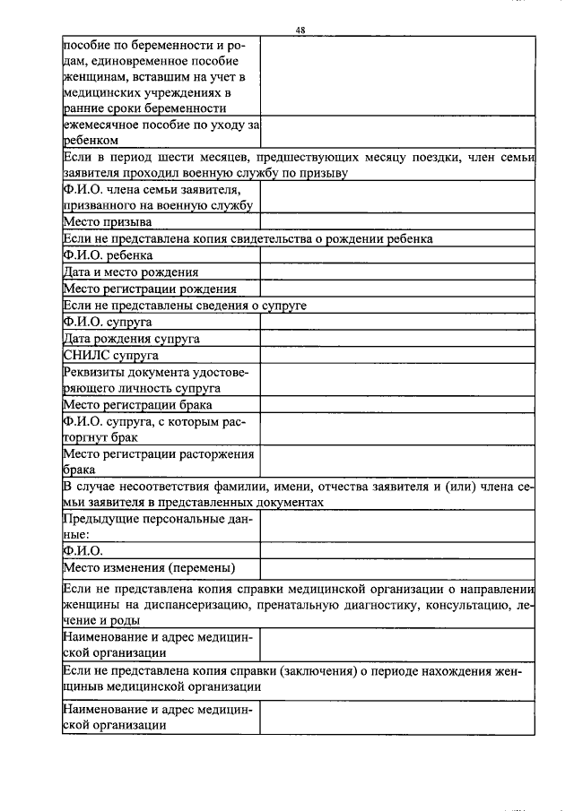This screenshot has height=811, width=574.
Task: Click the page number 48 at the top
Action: (x=300, y=30)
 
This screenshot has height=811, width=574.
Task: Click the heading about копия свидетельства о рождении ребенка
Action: (x=248, y=239)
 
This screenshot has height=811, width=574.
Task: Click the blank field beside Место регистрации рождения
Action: (x=397, y=289)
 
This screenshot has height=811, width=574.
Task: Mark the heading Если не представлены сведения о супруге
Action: (x=185, y=306)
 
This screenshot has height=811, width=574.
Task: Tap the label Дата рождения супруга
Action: (x=131, y=339)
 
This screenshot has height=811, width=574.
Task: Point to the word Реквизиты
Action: (x=96, y=373)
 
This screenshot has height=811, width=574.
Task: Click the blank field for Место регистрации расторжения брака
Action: (x=397, y=462)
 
